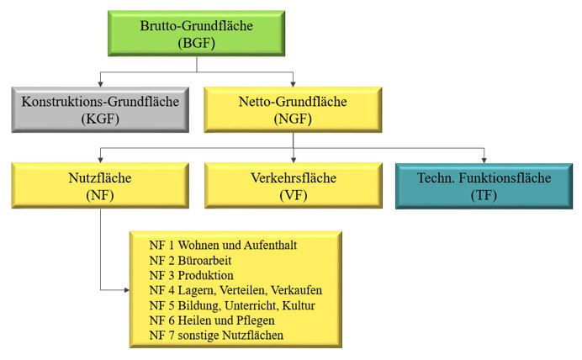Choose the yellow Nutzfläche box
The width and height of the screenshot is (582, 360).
(x=101, y=186)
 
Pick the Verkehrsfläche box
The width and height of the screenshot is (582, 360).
(x=293, y=186)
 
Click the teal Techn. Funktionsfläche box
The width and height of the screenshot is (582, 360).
(x=484, y=186)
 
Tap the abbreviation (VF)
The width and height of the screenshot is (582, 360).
(x=293, y=195)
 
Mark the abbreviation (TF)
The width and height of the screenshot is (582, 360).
(x=484, y=195)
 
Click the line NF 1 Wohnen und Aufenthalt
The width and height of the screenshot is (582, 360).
(x=223, y=245)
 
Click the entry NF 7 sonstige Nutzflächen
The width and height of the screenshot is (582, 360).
(x=216, y=336)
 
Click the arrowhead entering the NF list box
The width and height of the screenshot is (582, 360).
(x=125, y=290)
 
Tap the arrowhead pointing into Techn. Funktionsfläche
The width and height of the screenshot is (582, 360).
(x=484, y=160)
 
